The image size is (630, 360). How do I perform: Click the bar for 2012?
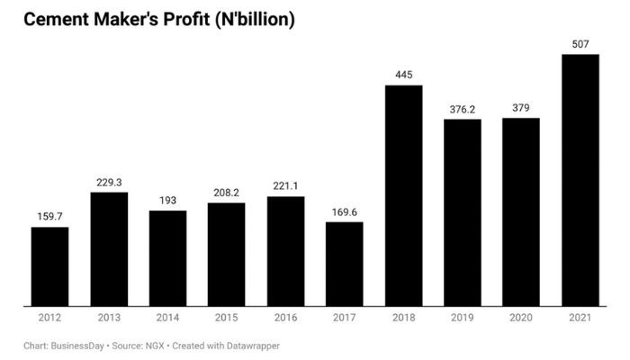click(x=49, y=266)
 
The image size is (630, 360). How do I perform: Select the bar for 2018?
click(x=403, y=195)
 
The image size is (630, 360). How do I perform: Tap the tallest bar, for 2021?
click(x=580, y=180)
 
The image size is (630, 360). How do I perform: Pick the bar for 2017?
click(x=344, y=264)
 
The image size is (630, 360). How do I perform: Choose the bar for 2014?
click(x=167, y=258)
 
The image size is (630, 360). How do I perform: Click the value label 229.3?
click(x=109, y=183)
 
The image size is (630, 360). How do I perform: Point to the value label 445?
click(x=403, y=75)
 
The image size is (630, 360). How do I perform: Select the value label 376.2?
click(x=462, y=110)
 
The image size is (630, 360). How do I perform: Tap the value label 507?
click(x=580, y=44)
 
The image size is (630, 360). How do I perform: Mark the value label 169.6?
click(x=344, y=212)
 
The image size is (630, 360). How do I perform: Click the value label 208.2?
click(x=226, y=193)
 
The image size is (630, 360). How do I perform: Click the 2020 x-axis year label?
click(x=521, y=319)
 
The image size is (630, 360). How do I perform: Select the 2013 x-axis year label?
click(x=109, y=319)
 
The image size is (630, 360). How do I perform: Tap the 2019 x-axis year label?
click(x=462, y=319)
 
